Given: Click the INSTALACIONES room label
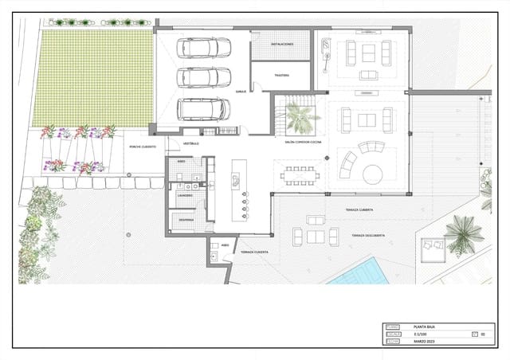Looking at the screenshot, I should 282,45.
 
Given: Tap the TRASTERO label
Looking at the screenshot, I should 280,76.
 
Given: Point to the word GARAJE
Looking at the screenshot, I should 240,92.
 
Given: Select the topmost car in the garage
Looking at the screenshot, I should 204,48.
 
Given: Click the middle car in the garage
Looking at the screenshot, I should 204,77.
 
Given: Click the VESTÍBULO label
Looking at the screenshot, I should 191,143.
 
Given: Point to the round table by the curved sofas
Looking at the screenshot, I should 373,174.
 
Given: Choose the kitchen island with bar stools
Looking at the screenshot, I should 237,191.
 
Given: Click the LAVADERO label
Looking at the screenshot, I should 185,194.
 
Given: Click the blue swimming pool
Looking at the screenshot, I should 358,276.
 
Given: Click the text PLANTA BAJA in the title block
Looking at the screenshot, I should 424,327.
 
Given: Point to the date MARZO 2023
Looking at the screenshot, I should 426,342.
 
